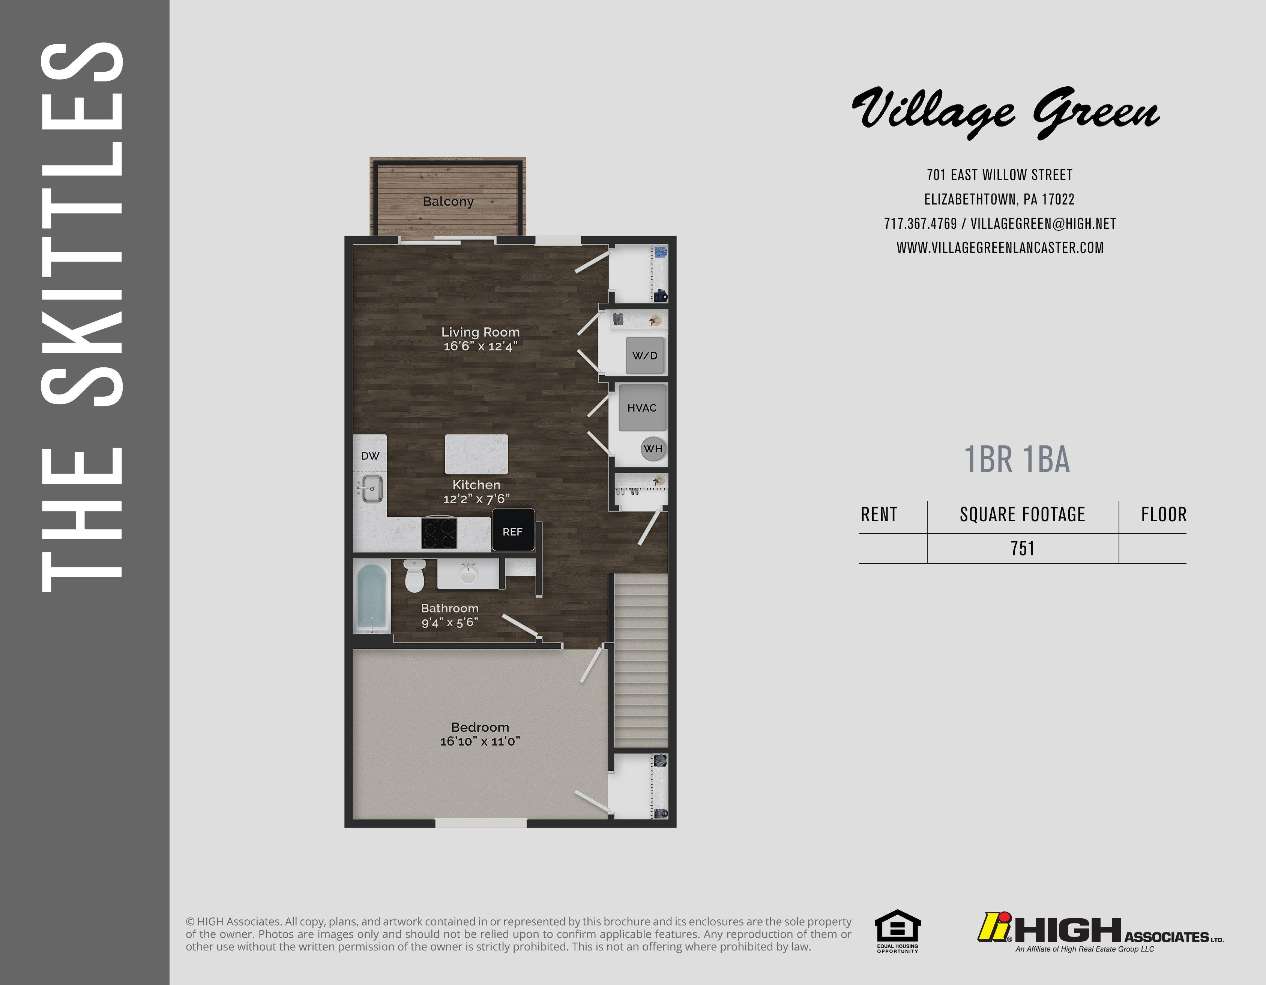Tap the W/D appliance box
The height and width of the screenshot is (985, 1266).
tap(644, 355)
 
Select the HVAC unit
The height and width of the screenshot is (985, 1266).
tap(642, 408)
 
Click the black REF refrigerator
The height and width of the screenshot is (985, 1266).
tap(513, 530)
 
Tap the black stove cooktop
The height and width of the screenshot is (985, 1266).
tap(439, 533)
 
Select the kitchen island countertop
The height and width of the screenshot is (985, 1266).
tap(476, 454)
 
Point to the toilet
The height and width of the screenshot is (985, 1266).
tap(414, 576)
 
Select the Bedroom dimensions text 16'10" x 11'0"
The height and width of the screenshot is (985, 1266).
tap(480, 741)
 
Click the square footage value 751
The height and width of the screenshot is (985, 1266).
tap(1023, 549)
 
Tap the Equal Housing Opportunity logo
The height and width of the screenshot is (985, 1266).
tap(897, 932)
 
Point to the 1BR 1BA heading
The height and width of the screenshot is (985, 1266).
tap(1017, 460)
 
